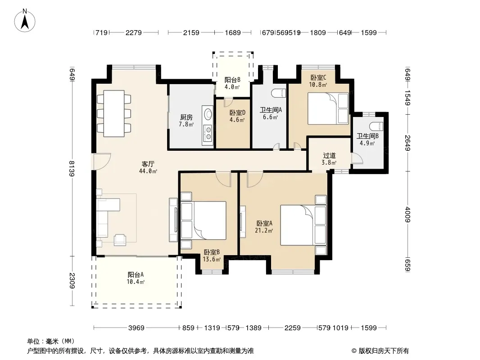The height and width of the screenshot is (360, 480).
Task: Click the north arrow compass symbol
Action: tap(25, 21)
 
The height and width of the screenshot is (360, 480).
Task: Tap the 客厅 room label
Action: tap(148, 164)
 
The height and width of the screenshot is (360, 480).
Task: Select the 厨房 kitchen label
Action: tap(186, 117)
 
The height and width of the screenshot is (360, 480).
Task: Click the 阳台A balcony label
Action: tap(136, 274)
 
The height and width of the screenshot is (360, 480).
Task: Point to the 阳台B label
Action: tap(232, 80)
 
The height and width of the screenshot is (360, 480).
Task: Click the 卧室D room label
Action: tap(237, 113)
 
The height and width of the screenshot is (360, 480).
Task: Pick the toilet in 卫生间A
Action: tap(279, 93)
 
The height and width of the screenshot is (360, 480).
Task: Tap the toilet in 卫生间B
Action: tap(376, 126)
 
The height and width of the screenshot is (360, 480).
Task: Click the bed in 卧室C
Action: tap(328, 108)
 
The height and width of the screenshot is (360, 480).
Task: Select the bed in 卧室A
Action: tap(303, 225)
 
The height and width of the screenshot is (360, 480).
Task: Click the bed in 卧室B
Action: tap(204, 220)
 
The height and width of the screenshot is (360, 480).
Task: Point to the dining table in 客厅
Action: tap(114, 113)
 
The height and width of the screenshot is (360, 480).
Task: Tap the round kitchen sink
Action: tap(208, 114)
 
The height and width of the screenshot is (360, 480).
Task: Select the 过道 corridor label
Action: tap(330, 155)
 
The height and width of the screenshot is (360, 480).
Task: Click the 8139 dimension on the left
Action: tap(72, 169)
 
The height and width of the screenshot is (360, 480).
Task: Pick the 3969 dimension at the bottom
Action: tap(136, 328)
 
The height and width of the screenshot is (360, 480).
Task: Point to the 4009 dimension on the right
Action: tap(408, 214)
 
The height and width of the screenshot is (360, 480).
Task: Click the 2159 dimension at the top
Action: tap(191, 32)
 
